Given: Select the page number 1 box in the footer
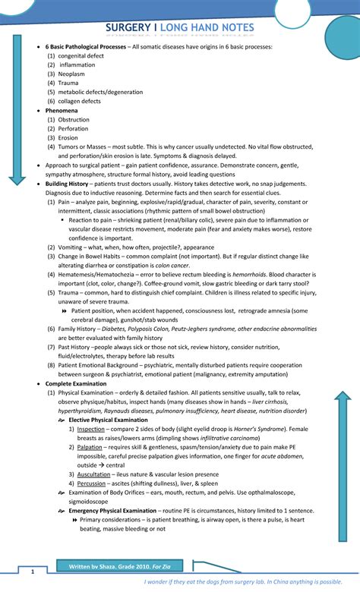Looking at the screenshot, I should [x=31, y=571].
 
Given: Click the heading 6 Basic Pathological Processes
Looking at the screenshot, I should [x=86, y=47].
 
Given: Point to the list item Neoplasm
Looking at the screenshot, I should [x=72, y=74].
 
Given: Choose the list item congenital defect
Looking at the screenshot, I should [x=84, y=56].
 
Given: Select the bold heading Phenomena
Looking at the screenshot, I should [x=62, y=110].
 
